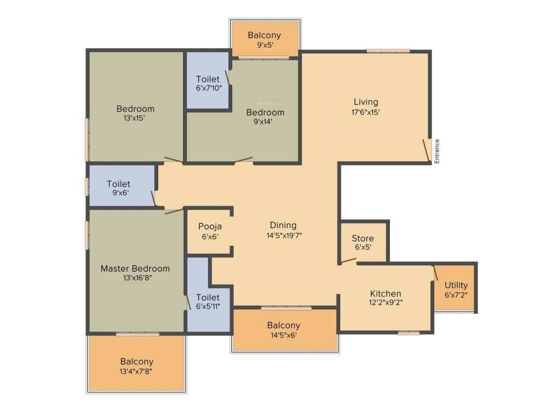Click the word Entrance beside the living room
437,151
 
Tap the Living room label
366,102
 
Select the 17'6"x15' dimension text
366,113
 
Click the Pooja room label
210,226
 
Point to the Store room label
362,238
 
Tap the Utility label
456,285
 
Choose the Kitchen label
385,293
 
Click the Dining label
283,225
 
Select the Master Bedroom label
135,268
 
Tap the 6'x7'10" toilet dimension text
208,88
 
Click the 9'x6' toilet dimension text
118,193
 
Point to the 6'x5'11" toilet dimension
208,306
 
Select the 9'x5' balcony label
264,45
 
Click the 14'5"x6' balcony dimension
284,335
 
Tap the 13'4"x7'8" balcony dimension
137,371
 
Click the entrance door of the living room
426,150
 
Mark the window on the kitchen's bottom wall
409,333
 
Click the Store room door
348,261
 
